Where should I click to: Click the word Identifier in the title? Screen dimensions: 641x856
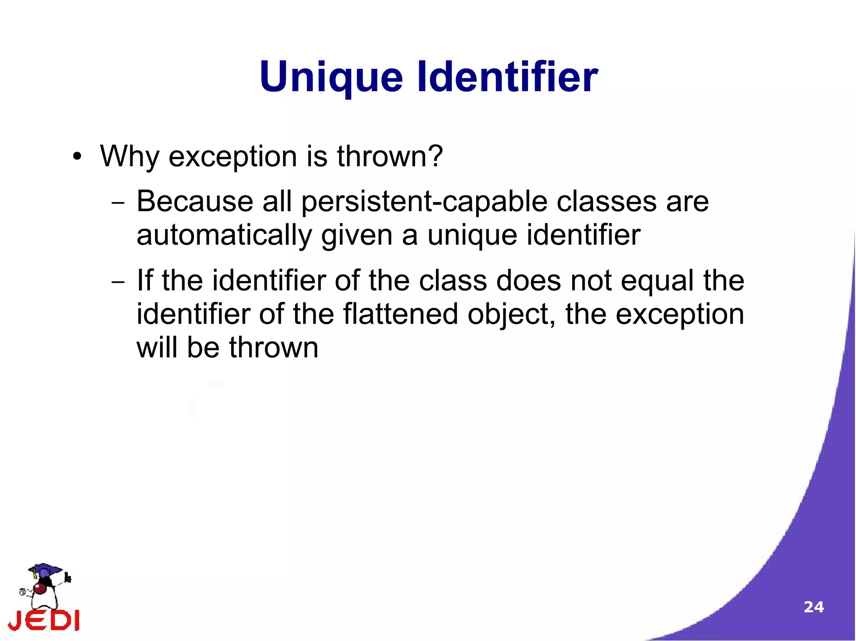coord(507,77)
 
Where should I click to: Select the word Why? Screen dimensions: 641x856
coord(130,157)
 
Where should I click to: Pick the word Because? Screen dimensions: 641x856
coord(194,202)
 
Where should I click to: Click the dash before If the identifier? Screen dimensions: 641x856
coord(118,282)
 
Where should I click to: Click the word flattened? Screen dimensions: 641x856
coord(400,314)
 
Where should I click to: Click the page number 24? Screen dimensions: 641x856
coord(813,607)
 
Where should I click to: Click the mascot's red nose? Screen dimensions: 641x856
coord(40,588)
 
